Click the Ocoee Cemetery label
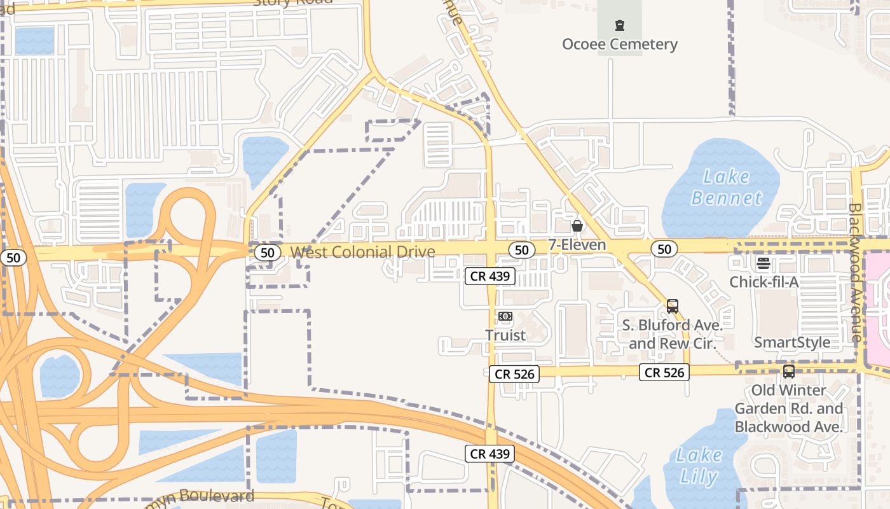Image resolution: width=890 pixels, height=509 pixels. coord(619,44)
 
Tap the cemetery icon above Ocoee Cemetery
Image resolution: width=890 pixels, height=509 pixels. coord(619,26)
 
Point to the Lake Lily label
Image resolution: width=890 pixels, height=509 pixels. coord(699,466)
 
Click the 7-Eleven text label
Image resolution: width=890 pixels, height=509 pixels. coord(577,245)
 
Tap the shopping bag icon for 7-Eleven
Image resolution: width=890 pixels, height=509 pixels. coord(577,226)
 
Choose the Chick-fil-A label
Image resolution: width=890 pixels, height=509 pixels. coord(763,282)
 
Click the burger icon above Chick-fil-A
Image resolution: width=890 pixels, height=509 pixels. coord(763,263)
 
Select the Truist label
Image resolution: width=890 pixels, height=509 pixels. coord(505,335)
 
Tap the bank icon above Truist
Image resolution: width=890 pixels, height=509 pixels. coord(505,316)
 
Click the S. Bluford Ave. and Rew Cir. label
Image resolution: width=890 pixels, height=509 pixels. coord(672,334)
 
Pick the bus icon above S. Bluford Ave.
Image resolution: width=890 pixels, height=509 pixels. coord(673,306)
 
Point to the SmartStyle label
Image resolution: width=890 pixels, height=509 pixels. coord(791,342)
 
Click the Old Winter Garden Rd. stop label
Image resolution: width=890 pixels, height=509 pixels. coord(788,408)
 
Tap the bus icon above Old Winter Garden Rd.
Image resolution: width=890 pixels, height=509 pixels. coord(788,372)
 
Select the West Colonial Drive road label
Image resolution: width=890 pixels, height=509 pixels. coord(362,252)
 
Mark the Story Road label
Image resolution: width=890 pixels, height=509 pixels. coord(292,3)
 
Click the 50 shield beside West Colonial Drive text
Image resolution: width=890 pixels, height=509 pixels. coord(268,253)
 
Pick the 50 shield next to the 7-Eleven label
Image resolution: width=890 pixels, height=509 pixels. coord(522,250)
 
